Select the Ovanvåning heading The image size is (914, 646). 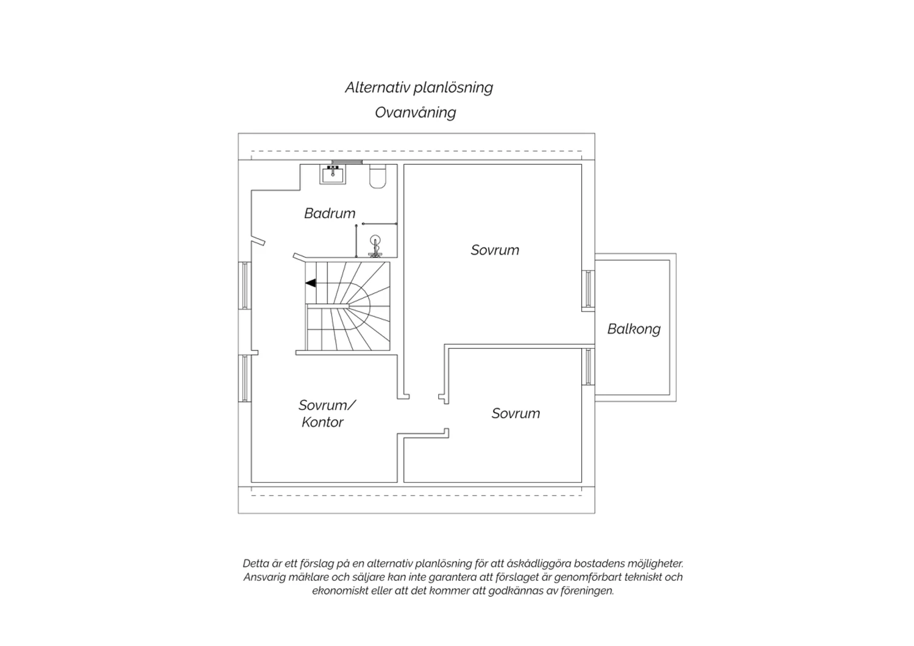click(416, 113)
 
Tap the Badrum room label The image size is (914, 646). click(330, 213)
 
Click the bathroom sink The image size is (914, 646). click(333, 175)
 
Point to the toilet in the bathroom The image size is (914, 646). click(377, 176)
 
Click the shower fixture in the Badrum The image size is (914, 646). click(375, 246)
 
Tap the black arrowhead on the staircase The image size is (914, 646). click(311, 283)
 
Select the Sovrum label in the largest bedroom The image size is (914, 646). click(495, 250)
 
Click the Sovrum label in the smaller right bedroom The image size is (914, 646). click(515, 413)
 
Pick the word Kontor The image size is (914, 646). click(322, 422)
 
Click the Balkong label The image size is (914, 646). click(634, 329)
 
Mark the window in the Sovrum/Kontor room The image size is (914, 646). click(244, 378)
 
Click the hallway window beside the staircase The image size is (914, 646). click(244, 285)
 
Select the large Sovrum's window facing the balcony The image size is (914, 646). click(589, 289)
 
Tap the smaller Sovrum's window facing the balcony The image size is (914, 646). click(589, 366)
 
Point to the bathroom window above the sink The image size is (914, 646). click(347, 162)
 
